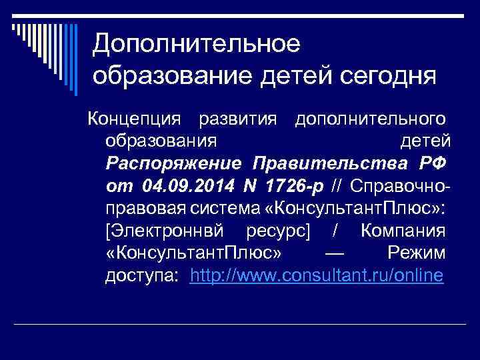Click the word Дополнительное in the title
[x=197, y=44]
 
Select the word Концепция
[x=137, y=119]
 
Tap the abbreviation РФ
[x=433, y=163]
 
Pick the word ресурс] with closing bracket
[x=281, y=231]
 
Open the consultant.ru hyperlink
[x=316, y=276]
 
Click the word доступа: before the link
[x=142, y=276]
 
